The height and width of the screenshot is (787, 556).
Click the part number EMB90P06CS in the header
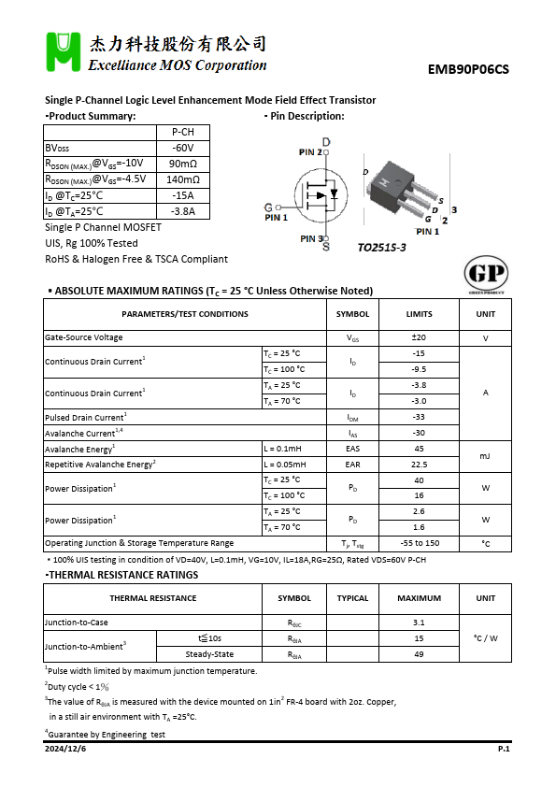click(468, 68)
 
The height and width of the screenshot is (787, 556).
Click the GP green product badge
click(487, 274)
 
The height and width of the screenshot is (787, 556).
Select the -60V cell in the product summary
click(182, 148)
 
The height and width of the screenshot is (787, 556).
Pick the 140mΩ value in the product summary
click(182, 179)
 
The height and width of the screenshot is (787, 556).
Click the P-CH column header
click(182, 132)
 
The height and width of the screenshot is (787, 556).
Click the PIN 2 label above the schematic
click(310, 151)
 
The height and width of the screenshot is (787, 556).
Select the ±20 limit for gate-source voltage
click(419, 337)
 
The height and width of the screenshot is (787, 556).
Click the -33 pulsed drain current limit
click(419, 417)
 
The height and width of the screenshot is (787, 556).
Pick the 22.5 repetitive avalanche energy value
click(419, 464)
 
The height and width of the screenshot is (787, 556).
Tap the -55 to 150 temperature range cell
click(419, 543)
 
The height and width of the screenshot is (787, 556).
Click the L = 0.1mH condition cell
click(293, 449)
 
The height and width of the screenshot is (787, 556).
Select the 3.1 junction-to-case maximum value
click(419, 622)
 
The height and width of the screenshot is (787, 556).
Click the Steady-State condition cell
click(209, 654)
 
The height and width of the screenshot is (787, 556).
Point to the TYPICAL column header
click(352, 598)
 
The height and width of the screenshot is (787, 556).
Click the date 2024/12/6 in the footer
click(65, 749)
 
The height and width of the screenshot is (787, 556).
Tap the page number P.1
click(503, 749)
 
